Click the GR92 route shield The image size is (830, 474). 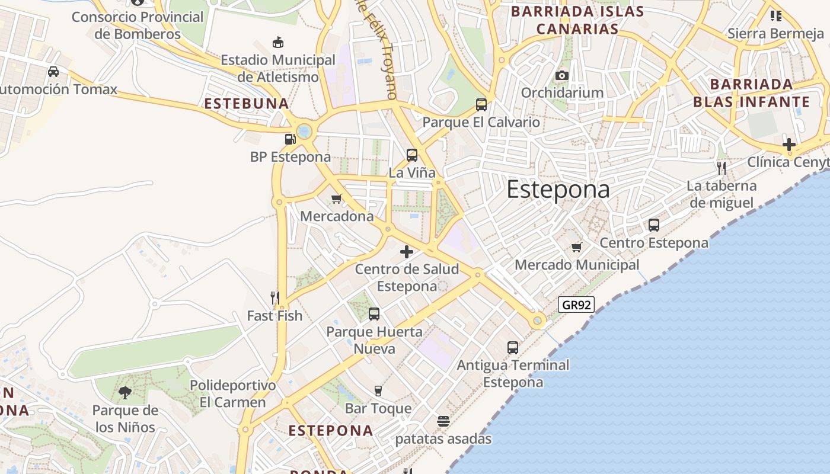(x=576, y=305)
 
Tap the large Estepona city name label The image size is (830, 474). (x=558, y=190)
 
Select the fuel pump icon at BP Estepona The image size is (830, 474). (x=290, y=139)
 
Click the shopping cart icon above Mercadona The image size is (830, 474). (x=337, y=198)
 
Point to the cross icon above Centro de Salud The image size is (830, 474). (x=407, y=252)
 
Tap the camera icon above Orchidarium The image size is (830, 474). (x=561, y=75)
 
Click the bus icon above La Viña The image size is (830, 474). (x=412, y=155)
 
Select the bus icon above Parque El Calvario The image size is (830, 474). (x=481, y=105)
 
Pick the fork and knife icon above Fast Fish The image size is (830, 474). (x=274, y=297)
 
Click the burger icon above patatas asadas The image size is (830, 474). (x=443, y=421)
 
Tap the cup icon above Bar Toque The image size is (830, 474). (x=378, y=390)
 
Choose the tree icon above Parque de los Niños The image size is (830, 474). (x=125, y=392)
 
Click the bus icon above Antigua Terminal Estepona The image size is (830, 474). (x=513, y=348)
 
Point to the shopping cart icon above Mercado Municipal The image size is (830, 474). (x=577, y=247)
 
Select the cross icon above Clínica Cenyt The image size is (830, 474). (x=788, y=144)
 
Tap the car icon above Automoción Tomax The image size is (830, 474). (x=53, y=72)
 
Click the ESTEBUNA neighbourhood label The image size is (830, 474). (x=247, y=104)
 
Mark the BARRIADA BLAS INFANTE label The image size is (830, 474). (x=751, y=93)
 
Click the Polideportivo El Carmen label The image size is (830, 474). (x=232, y=394)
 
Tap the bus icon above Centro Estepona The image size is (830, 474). (x=654, y=225)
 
